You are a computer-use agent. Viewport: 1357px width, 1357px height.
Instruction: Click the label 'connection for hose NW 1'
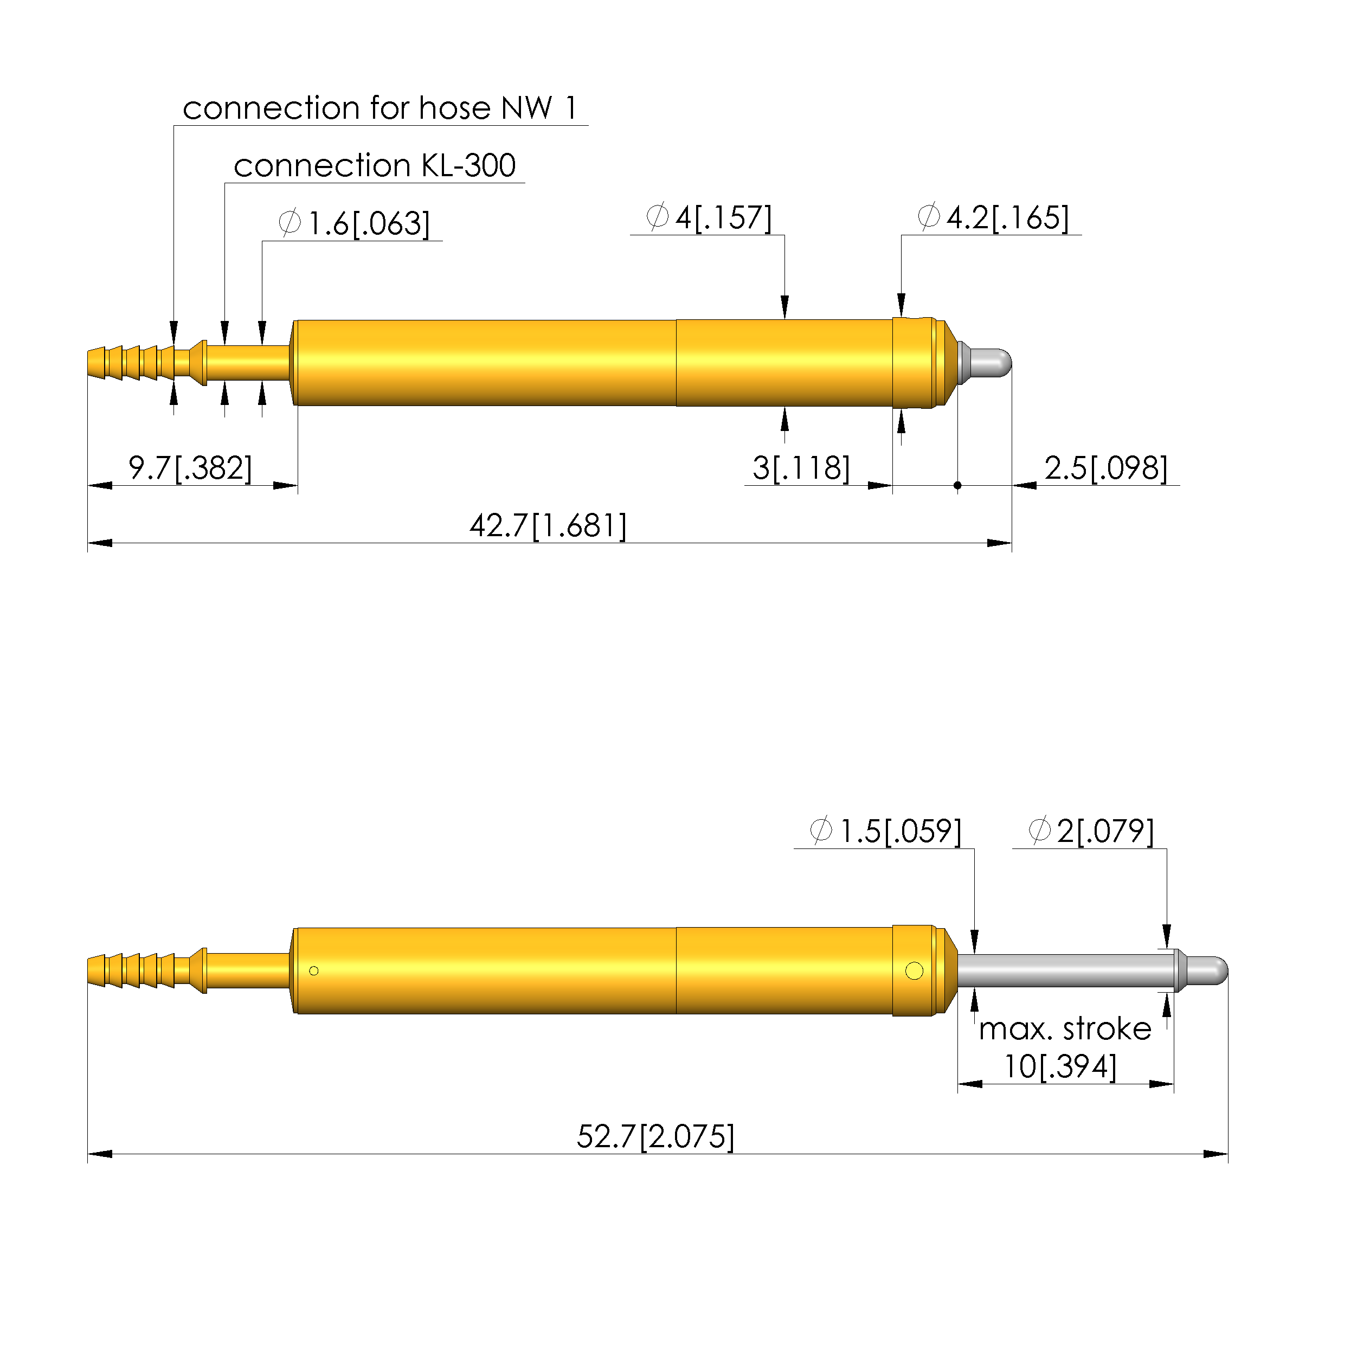(x=380, y=108)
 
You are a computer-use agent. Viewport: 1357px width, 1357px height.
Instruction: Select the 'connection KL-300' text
(x=375, y=166)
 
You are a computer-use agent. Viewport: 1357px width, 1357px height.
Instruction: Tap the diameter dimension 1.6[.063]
(x=354, y=223)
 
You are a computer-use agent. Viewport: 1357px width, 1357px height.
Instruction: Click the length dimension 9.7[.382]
(x=190, y=468)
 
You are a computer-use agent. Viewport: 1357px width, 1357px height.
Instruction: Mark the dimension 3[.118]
(x=801, y=468)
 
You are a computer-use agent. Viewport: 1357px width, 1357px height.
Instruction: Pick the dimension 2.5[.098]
(x=1105, y=468)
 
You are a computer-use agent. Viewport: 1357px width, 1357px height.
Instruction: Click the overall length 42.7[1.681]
(x=548, y=525)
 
